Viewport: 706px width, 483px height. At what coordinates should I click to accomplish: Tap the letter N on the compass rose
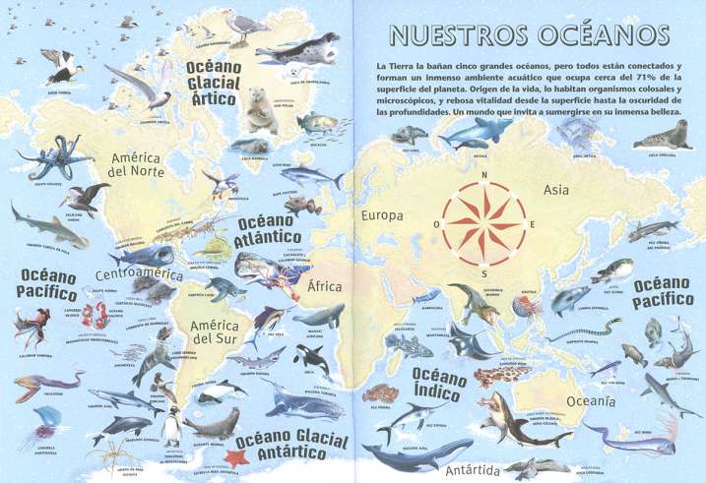click(483, 175)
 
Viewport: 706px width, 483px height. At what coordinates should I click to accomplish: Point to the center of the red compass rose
click(483, 223)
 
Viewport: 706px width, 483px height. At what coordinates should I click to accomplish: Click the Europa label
click(383, 215)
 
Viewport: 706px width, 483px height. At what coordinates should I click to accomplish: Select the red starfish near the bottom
click(235, 457)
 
